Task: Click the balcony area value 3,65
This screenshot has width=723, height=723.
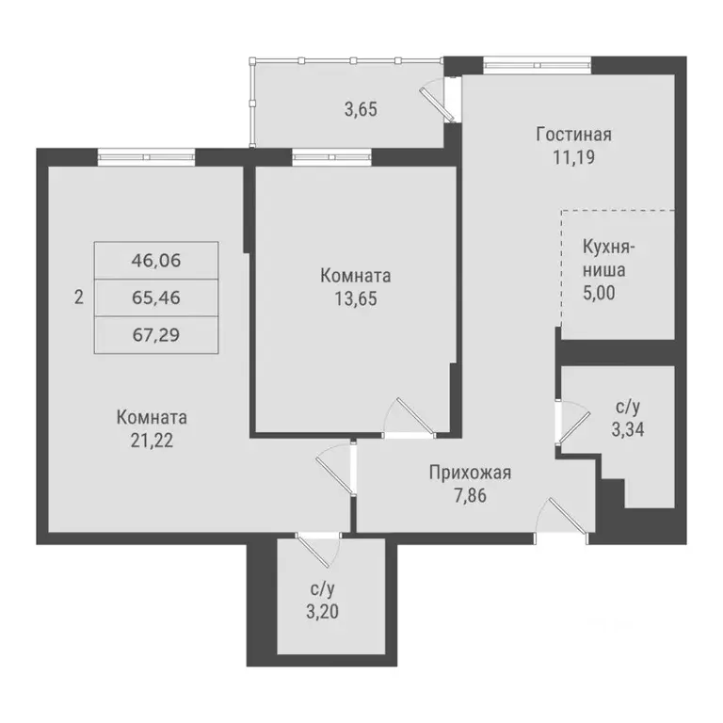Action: [x=361, y=108]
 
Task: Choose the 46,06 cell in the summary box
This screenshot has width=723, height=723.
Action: [x=156, y=260]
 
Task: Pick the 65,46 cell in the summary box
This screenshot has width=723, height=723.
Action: [x=156, y=298]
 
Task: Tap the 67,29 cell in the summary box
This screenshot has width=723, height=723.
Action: [x=156, y=336]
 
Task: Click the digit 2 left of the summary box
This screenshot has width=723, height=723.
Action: [x=79, y=298]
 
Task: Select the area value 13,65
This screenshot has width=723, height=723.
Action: [x=355, y=298]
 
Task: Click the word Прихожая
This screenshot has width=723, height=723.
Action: [x=470, y=473]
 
